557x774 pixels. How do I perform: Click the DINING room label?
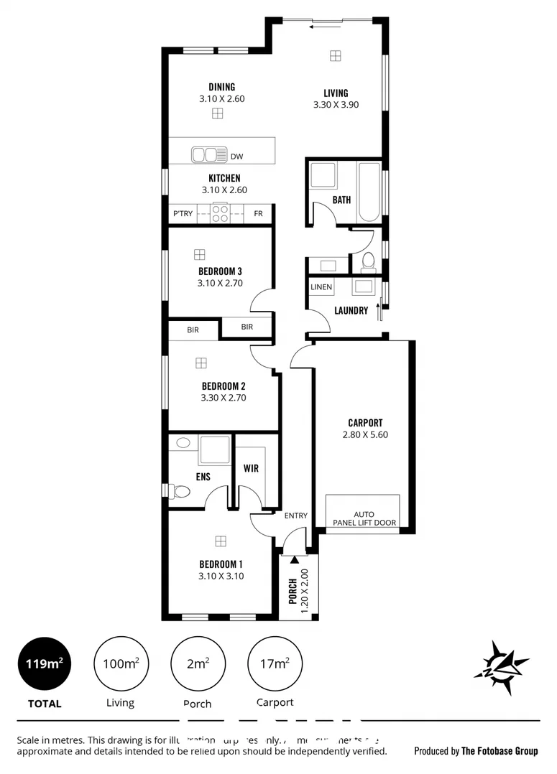coord(222,87)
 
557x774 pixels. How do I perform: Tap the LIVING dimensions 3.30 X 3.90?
coord(336,105)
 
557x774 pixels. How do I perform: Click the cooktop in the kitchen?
coord(220,213)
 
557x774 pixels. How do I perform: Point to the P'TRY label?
coord(183,214)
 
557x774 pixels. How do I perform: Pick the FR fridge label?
coord(259,214)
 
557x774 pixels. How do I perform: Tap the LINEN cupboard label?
coord(321,287)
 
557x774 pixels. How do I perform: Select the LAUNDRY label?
coord(351,311)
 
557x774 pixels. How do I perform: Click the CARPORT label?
coord(365,423)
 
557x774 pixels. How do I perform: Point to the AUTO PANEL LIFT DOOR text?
coord(364,518)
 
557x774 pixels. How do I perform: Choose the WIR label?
coord(251,469)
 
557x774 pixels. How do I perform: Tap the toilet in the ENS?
coord(180,491)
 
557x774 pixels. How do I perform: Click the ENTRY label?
coord(295,516)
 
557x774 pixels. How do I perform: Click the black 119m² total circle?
coord(45,663)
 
